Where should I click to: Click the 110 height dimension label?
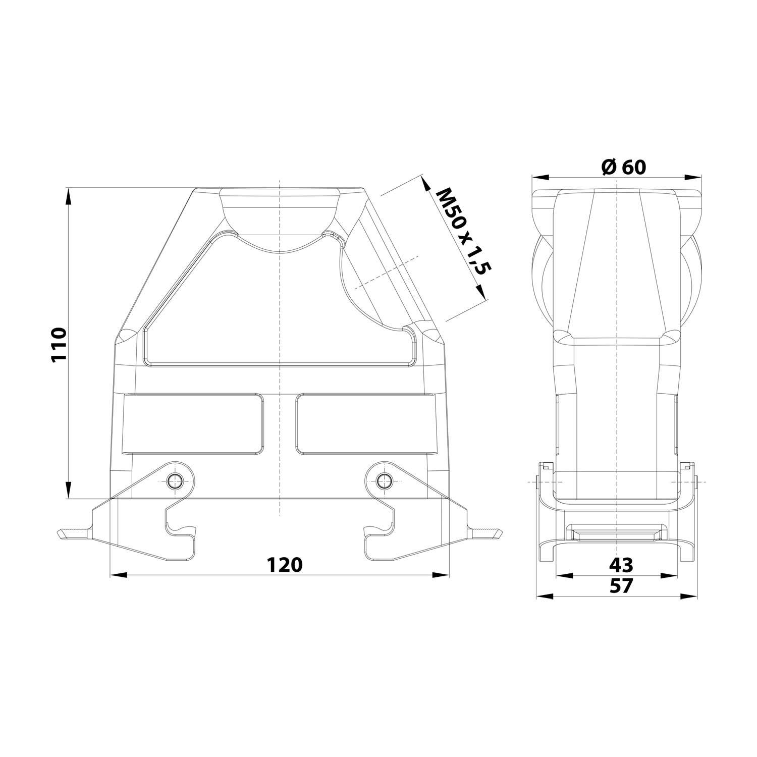tap(59, 344)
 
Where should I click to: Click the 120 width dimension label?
tap(284, 564)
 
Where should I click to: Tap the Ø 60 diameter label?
tap(624, 167)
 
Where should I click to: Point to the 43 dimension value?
tap(621, 564)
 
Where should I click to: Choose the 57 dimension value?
tap(621, 585)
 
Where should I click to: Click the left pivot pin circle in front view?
tap(175, 480)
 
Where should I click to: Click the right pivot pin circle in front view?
tap(385, 480)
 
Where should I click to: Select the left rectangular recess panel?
tap(193, 423)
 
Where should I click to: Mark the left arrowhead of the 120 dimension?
tap(118, 575)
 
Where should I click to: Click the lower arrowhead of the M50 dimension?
tap(480, 293)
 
